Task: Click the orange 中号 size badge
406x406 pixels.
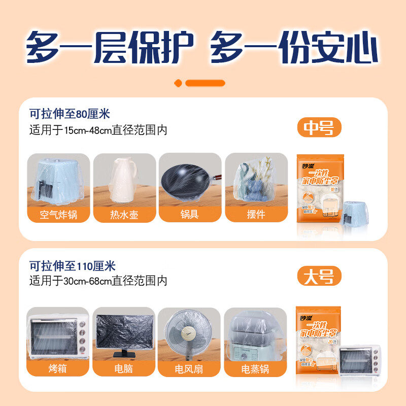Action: click(319, 129)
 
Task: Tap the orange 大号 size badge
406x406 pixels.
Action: click(319, 277)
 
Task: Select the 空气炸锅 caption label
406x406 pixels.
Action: click(58, 214)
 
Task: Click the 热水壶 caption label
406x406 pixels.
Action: click(124, 214)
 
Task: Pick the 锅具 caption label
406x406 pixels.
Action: click(190, 214)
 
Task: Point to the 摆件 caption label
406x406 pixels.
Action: click(256, 214)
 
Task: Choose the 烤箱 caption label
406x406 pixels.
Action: click(58, 368)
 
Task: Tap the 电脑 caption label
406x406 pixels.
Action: click(124, 368)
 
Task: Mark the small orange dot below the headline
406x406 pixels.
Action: click(178, 83)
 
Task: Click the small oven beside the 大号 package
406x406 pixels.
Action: click(358, 365)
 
